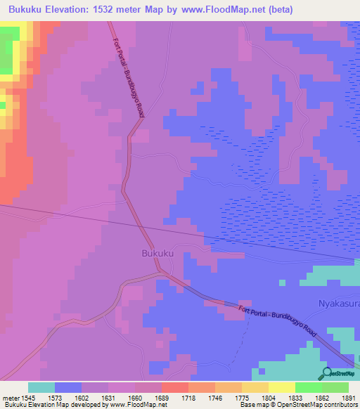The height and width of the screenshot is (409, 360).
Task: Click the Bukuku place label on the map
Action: coord(157,253)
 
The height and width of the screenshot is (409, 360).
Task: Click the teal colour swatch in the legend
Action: coord(41,387)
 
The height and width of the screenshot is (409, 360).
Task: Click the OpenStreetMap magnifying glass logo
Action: coord(326,374)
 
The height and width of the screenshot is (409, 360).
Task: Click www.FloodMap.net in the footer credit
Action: coord(136,405)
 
